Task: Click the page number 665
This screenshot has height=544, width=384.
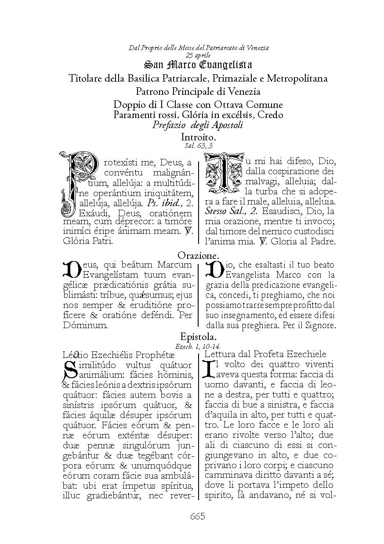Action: pyautogui.click(x=198, y=516)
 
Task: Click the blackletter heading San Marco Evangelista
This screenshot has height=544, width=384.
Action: pyautogui.click(x=198, y=65)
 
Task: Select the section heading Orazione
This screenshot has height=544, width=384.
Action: pyautogui.click(x=199, y=255)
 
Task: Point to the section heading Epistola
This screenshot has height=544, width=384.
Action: pyautogui.click(x=199, y=337)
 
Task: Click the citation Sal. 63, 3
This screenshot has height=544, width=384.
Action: pyautogui.click(x=199, y=146)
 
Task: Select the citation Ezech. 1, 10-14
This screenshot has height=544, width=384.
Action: pyautogui.click(x=199, y=346)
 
